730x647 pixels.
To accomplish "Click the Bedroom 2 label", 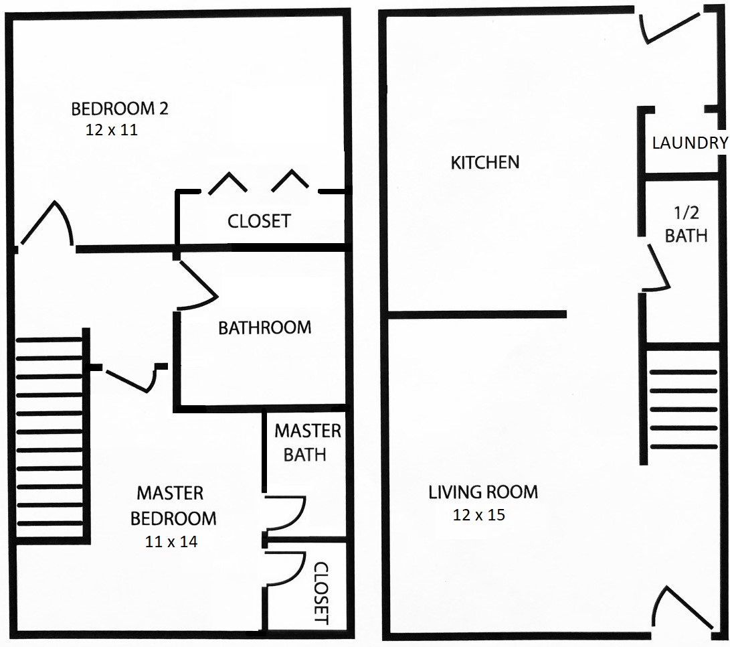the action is tap(120, 109).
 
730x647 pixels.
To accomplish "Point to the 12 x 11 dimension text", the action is tap(112, 129).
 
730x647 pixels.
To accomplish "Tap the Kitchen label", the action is tap(485, 162).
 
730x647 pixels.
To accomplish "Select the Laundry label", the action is tap(690, 143).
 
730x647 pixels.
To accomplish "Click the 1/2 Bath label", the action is tap(687, 224).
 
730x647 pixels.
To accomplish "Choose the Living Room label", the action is tap(483, 492).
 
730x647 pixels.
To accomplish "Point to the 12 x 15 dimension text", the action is tap(479, 514).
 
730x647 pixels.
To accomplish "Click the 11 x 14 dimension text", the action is tap(171, 542).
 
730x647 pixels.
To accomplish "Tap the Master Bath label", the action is tap(308, 443).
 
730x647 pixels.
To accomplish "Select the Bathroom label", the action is tap(265, 328).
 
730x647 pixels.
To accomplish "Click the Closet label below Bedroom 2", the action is tap(260, 221).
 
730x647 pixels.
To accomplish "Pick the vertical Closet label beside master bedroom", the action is tap(321, 593).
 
